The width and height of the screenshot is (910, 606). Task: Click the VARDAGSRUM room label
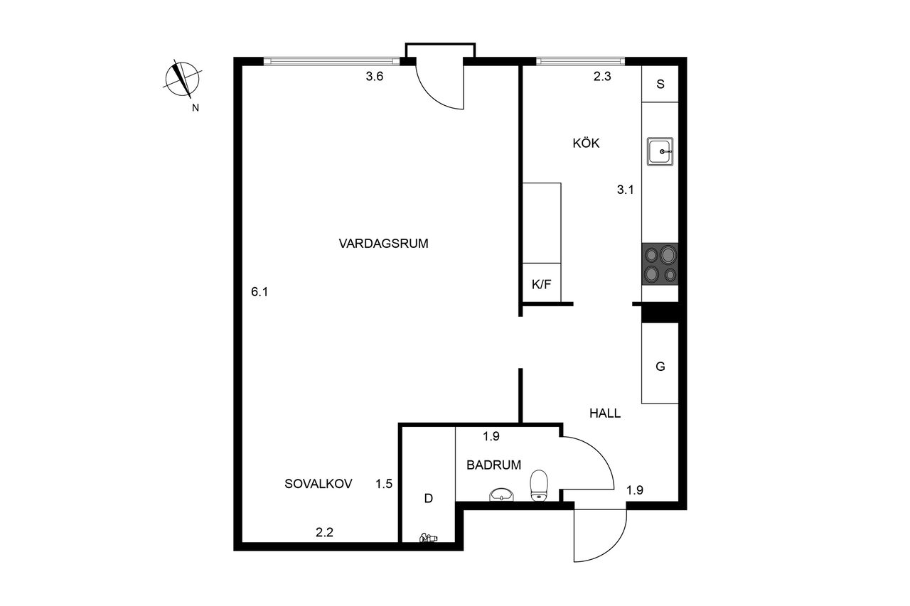point(383,244)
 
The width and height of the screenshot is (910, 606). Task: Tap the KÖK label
point(586,143)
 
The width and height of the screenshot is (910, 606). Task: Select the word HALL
point(605,413)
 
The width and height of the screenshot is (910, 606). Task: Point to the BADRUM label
point(493,465)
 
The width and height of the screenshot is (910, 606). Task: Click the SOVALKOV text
point(318,483)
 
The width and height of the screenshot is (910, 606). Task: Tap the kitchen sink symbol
point(660,151)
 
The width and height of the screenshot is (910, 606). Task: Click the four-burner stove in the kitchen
point(660,264)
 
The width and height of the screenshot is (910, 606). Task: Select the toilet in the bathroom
point(539,485)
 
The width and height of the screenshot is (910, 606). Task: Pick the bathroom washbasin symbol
point(502,494)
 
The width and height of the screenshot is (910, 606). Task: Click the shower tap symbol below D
point(428,539)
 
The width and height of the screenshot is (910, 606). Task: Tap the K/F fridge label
point(542,284)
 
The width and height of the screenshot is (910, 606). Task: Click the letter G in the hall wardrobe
point(660,367)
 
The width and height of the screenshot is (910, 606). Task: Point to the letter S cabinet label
point(660,84)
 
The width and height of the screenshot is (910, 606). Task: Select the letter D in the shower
point(428,498)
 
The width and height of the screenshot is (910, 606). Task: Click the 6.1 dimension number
point(259,291)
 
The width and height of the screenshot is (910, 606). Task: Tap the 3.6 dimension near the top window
point(375,76)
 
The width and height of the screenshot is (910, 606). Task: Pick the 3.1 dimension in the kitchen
point(626,189)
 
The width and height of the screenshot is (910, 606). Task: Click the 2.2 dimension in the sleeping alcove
point(325,531)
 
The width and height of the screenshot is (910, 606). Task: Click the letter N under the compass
point(196,108)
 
